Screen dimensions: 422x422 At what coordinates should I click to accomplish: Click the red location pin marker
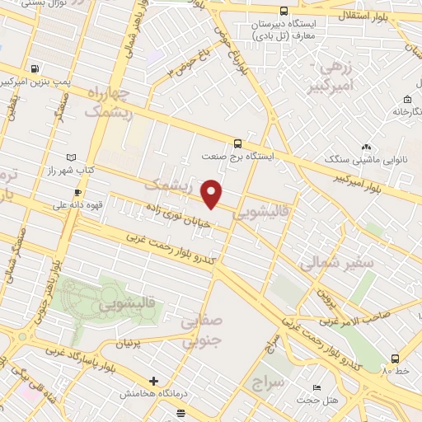tap(213, 193)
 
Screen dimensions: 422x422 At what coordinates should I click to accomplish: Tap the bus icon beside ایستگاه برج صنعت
tap(237, 142)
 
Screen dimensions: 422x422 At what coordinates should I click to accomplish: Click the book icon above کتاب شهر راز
tap(71, 157)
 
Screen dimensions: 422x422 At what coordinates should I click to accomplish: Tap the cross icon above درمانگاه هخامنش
tap(153, 381)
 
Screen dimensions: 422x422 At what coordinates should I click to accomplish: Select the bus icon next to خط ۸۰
tap(396, 359)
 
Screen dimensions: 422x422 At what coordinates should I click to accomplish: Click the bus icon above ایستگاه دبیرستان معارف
tap(284, 12)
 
